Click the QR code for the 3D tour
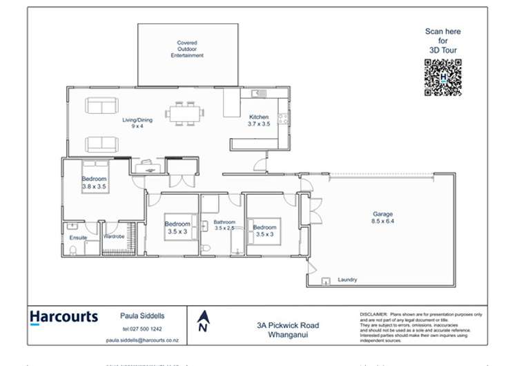(442, 77)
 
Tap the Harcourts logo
(64, 318)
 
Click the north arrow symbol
(203, 320)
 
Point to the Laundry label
(347, 280)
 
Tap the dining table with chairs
(184, 113)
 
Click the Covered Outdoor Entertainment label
(187, 49)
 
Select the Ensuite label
(78, 238)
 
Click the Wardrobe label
(113, 236)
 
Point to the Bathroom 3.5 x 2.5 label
(224, 224)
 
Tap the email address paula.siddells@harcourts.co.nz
(142, 340)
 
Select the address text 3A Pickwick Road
(293, 325)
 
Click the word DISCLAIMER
(373, 314)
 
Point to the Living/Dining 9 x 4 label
(137, 123)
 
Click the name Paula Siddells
(143, 316)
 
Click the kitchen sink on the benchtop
(259, 93)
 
